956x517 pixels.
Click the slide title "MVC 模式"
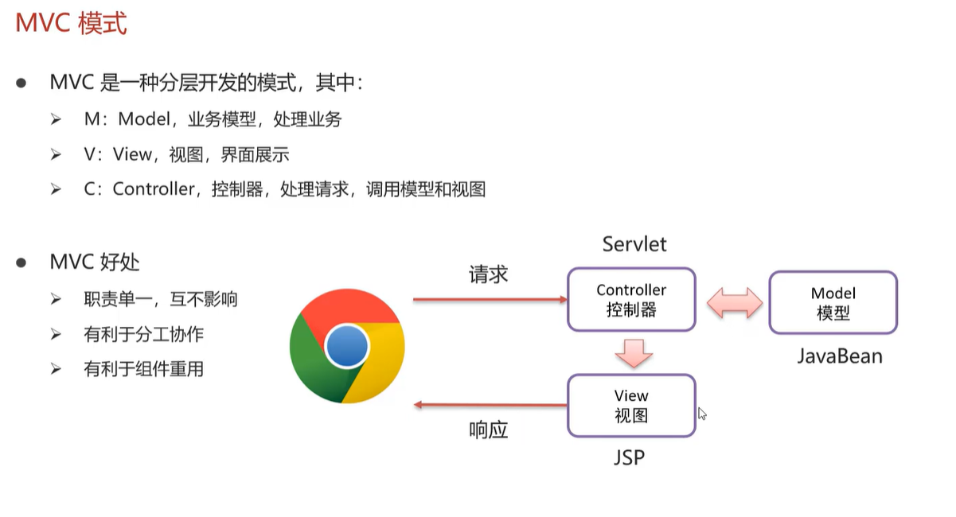click(72, 23)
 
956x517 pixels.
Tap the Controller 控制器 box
click(631, 300)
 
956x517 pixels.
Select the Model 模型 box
click(833, 303)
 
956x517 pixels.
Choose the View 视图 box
click(631, 406)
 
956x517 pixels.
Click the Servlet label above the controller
click(634, 244)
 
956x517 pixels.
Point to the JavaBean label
click(840, 356)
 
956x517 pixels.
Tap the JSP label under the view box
click(630, 458)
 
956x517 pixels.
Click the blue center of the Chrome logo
click(347, 346)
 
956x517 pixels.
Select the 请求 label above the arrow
click(488, 275)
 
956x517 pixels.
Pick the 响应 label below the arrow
click(488, 430)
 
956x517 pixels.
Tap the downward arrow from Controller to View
click(634, 352)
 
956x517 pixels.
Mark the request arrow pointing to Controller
click(489, 301)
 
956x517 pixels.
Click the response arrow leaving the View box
click(489, 406)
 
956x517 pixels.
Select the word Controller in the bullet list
click(154, 189)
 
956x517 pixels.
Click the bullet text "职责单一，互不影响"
click(160, 300)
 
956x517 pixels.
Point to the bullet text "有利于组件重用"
click(143, 369)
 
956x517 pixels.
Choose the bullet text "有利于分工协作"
click(143, 335)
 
